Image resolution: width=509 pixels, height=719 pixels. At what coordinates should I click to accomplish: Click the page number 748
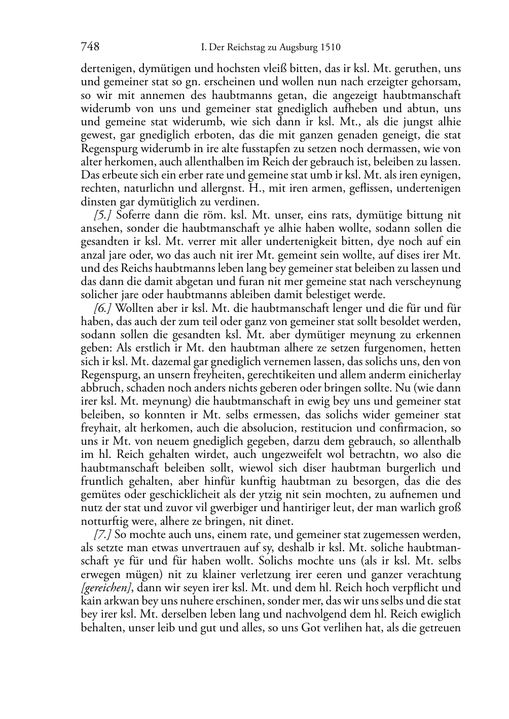click(x=90, y=47)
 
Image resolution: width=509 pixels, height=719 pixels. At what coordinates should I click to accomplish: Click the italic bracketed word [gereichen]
click(x=107, y=588)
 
